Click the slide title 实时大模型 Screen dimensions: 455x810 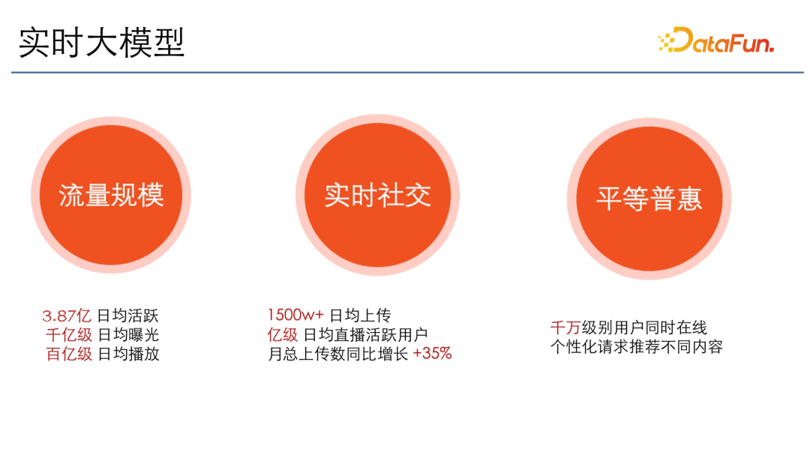point(101,43)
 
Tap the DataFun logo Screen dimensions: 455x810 point(715,41)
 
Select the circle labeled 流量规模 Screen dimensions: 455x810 point(111,196)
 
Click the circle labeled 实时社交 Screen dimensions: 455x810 point(377,196)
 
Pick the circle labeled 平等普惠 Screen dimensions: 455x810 point(649,198)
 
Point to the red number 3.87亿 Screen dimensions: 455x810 point(67,316)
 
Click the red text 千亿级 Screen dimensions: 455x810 point(69,335)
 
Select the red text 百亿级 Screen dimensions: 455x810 point(69,354)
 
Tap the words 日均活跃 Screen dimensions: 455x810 point(128,316)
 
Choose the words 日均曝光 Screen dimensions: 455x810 point(128,335)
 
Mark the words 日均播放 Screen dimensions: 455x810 point(128,354)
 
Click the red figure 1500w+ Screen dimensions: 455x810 point(295,316)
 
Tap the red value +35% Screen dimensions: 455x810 point(433,354)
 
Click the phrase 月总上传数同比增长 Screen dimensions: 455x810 point(338,354)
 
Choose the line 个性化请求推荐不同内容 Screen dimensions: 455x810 point(636,347)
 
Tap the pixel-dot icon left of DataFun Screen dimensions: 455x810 point(665,43)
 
